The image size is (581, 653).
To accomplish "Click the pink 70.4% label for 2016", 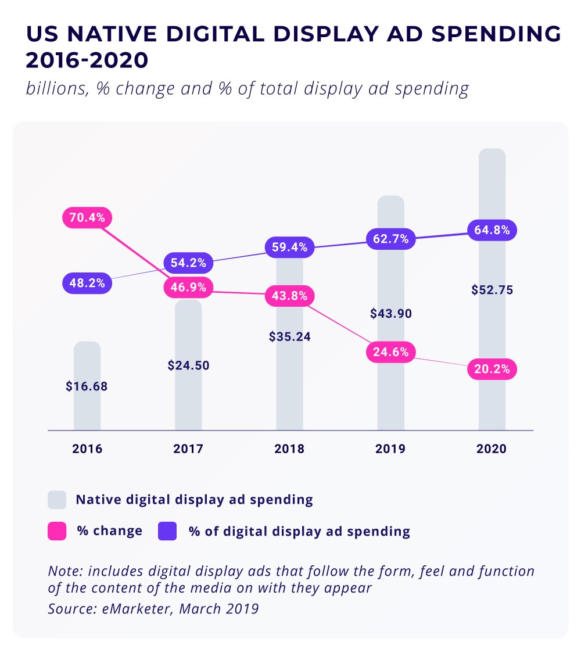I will tap(87, 218).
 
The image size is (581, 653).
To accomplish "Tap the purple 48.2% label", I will tap(87, 284).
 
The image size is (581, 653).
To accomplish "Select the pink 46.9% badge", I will tap(188, 287).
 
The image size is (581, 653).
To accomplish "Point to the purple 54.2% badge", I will tap(188, 263).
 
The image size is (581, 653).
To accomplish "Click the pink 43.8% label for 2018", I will tap(289, 296).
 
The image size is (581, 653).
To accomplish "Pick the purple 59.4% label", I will tap(289, 247).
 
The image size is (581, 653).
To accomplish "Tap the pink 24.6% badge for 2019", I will tap(390, 351).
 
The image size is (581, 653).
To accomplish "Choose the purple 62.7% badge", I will tap(390, 238).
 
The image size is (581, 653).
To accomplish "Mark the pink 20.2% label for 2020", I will tap(492, 369).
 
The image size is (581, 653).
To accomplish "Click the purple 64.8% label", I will tap(492, 230).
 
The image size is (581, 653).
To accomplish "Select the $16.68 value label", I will tap(87, 386).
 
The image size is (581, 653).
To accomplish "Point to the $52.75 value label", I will tap(492, 290).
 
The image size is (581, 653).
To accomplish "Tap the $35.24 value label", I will tap(289, 337).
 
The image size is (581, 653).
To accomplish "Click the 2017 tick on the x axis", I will tap(188, 449).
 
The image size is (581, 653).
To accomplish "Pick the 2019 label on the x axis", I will tap(390, 449).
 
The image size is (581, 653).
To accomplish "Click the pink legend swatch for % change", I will tap(57, 531).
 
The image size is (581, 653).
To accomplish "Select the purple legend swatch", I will tap(167, 531).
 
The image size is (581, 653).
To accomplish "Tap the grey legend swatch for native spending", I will tap(57, 500).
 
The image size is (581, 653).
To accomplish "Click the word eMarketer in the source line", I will tap(124, 609).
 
